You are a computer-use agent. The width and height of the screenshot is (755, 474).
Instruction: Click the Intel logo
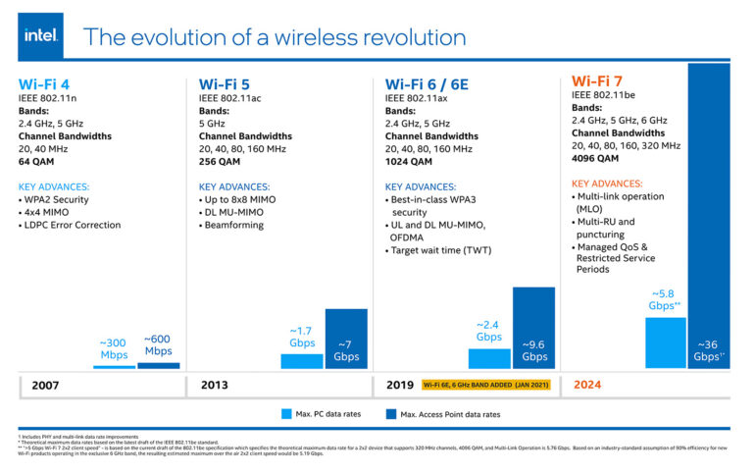[x=40, y=36]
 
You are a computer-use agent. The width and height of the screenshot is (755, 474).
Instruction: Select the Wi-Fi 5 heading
[x=224, y=83]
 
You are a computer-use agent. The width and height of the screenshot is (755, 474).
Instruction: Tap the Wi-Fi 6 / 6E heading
[x=427, y=83]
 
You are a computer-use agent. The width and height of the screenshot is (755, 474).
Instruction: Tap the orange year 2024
[x=587, y=385]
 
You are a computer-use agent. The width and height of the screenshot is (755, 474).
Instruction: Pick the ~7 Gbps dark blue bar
[x=346, y=339]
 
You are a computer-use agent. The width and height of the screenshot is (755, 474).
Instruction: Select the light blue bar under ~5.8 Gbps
[x=665, y=342]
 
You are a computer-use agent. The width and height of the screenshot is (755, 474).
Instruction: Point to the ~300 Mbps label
[x=114, y=348]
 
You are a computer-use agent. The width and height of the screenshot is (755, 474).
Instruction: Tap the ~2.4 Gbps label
[x=489, y=330]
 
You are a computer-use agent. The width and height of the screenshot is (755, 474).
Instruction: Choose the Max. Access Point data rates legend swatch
[x=389, y=414]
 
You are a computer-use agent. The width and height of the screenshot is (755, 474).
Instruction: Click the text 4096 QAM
[x=595, y=157]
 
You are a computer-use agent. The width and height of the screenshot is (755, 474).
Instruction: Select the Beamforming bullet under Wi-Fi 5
[x=236, y=225]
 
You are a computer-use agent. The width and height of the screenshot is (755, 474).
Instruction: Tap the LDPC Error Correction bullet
[x=73, y=225]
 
